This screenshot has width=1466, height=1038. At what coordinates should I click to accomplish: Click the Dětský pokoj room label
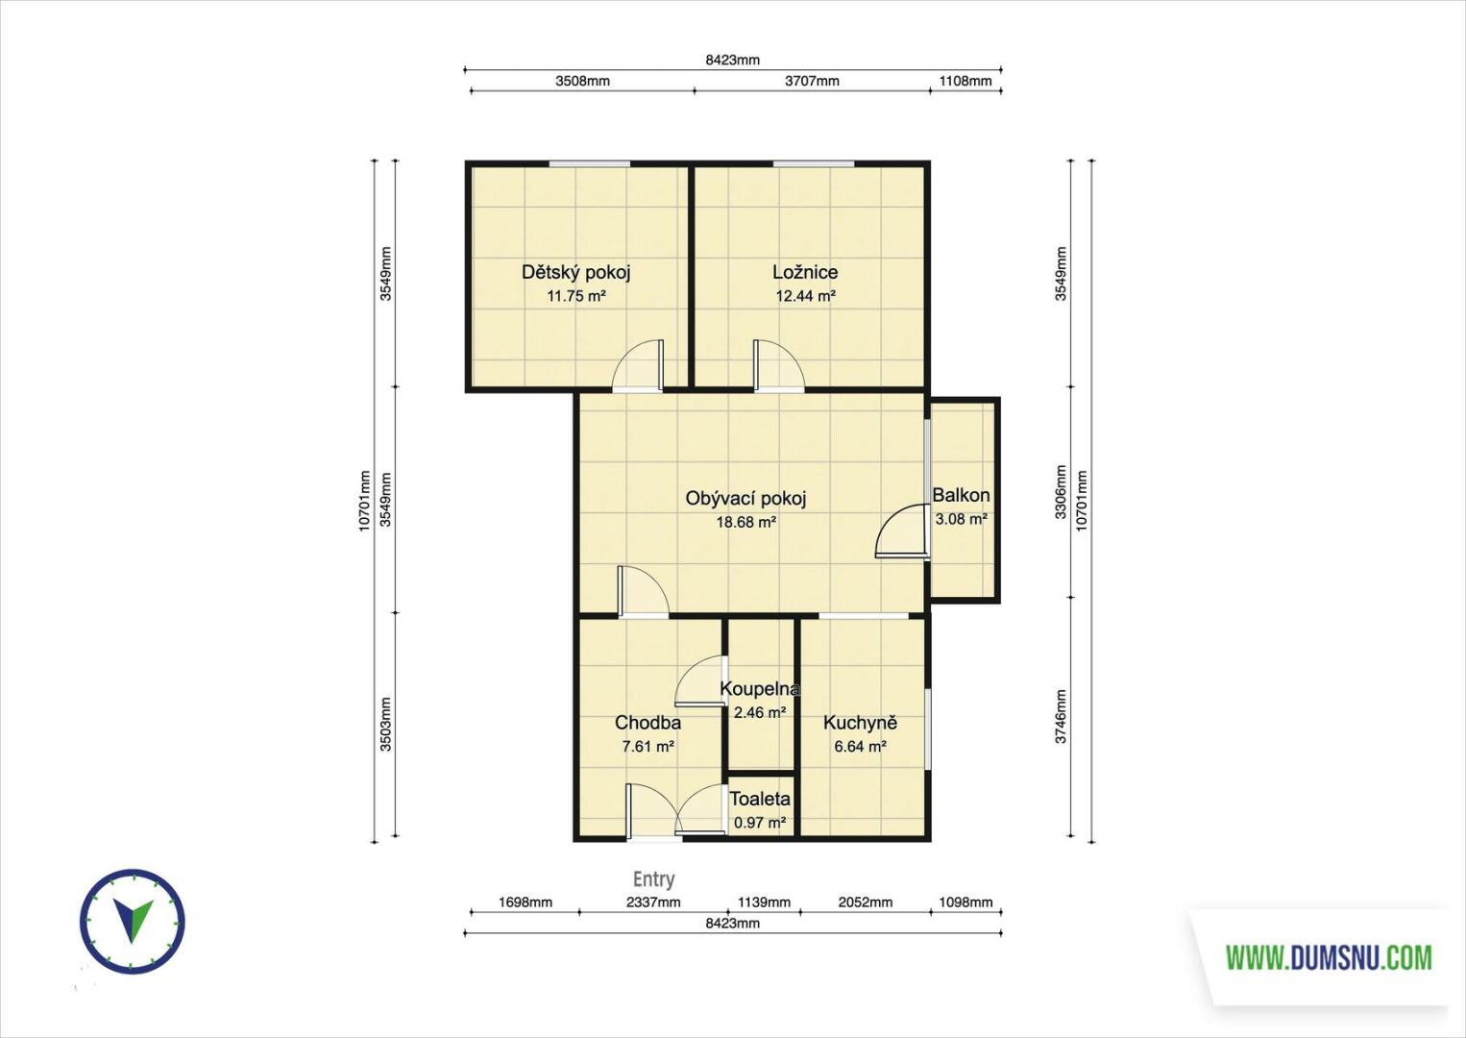(576, 272)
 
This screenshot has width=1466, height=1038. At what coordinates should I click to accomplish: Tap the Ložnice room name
(805, 272)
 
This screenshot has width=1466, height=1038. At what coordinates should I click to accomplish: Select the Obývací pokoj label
(745, 499)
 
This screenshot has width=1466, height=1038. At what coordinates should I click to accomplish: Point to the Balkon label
(961, 495)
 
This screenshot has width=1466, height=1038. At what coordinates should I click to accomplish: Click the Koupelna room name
(759, 689)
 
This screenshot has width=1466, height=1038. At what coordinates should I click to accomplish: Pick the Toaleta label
(760, 799)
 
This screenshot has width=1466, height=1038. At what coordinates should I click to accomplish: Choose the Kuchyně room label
(860, 723)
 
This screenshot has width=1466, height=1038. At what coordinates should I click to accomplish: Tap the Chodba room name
(647, 723)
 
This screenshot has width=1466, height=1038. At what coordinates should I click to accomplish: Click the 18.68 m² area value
(746, 522)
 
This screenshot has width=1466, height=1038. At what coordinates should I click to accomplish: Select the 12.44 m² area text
(806, 296)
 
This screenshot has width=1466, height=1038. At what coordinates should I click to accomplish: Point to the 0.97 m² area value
(760, 823)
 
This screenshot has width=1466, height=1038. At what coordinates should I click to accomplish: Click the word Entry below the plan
(654, 878)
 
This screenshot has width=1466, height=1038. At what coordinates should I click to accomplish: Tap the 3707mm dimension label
(812, 81)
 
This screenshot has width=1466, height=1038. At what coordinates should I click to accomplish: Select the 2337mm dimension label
(653, 902)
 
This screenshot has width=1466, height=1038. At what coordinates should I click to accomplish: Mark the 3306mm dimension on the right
(1061, 492)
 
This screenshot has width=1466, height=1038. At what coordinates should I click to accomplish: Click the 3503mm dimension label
(385, 725)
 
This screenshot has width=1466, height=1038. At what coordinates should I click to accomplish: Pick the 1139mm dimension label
(764, 902)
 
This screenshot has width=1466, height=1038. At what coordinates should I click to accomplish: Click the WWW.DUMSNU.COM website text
(1329, 957)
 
